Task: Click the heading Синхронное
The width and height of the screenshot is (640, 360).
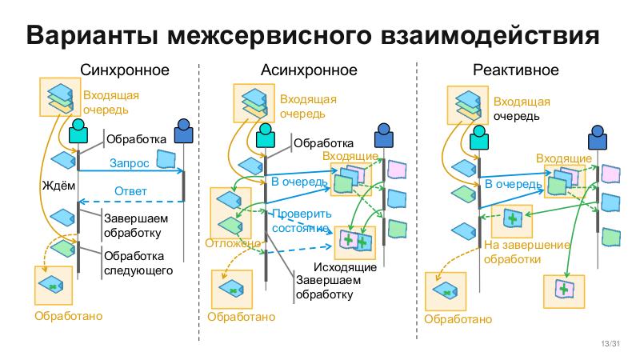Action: (x=125, y=70)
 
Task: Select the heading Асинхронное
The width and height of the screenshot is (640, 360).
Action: (x=308, y=70)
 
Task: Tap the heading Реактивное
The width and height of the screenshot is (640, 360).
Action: (x=515, y=70)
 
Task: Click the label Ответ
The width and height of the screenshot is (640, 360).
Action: (x=130, y=191)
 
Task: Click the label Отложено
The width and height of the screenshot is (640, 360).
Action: (x=234, y=243)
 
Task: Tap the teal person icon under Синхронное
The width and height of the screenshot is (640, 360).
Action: (x=78, y=131)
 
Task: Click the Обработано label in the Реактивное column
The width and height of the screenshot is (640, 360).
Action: (x=458, y=319)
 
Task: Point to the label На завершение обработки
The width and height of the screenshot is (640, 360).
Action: (x=526, y=252)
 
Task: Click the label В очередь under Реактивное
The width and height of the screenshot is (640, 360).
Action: (x=512, y=184)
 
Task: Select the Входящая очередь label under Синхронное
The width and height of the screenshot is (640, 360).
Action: (x=106, y=103)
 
